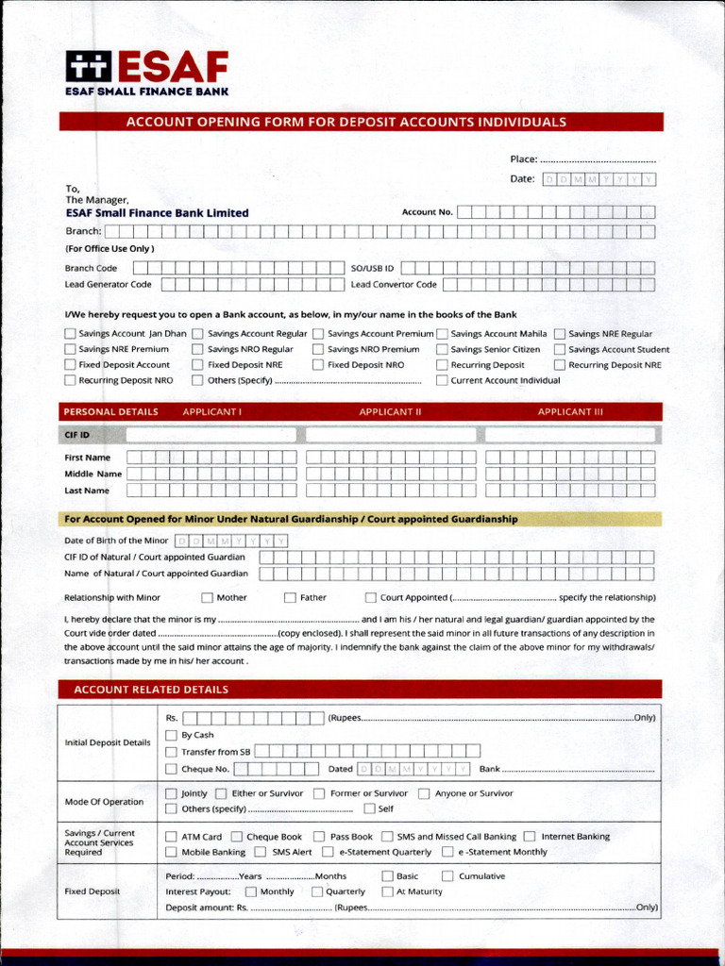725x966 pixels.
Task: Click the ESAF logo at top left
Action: [x=146, y=73]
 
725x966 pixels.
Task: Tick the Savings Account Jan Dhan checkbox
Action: [x=70, y=333]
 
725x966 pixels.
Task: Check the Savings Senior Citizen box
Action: [x=442, y=349]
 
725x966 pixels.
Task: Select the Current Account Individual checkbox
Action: [x=442, y=380]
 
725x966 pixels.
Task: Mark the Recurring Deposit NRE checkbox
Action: [x=560, y=364]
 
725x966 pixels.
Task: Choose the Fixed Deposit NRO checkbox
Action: [x=318, y=364]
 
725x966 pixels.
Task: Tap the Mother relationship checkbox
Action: [x=207, y=597]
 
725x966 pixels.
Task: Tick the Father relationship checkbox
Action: [x=290, y=597]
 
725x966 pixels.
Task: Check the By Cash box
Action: [x=171, y=735]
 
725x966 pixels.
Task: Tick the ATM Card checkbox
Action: [x=171, y=836]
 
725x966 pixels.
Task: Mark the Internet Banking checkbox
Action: [x=530, y=836]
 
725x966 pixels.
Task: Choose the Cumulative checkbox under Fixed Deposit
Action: [x=447, y=875]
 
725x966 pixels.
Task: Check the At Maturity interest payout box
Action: [x=387, y=891]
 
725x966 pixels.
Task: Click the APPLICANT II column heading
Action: [x=390, y=412]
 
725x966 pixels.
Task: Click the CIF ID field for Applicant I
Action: [x=211, y=435]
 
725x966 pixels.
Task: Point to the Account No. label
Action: [x=427, y=212]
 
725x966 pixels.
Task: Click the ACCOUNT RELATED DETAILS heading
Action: [x=151, y=690]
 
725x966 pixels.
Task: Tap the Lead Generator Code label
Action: [x=108, y=284]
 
